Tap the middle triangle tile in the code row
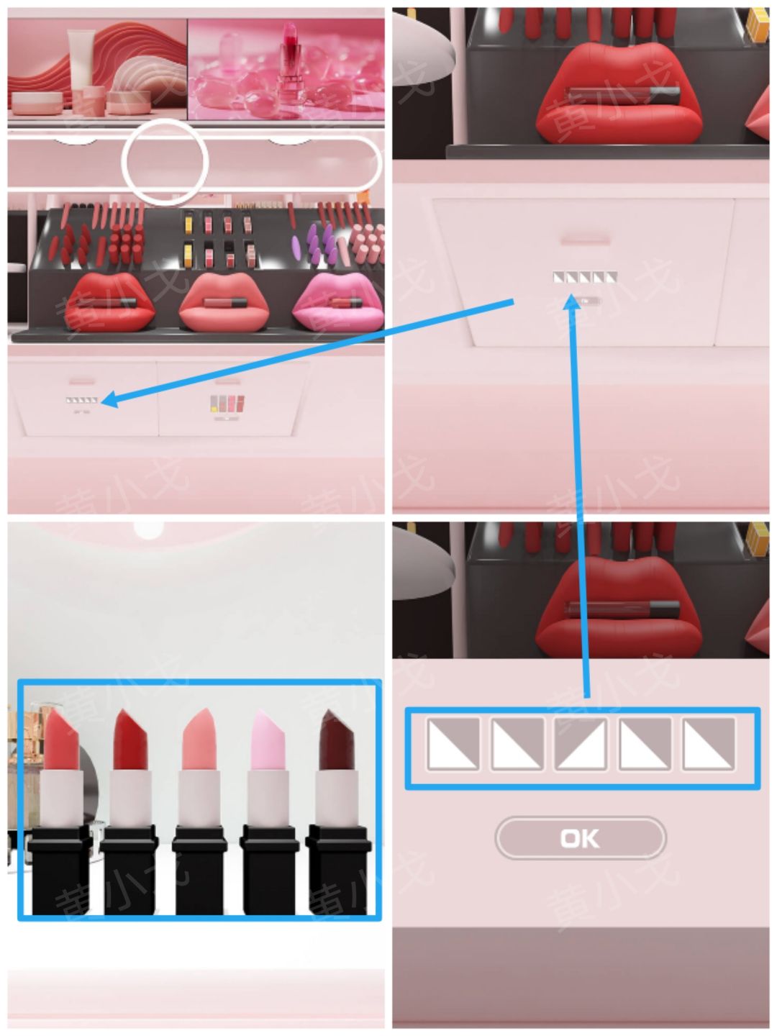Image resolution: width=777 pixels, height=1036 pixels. click(x=580, y=745)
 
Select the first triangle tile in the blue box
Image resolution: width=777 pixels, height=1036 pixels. click(x=453, y=745)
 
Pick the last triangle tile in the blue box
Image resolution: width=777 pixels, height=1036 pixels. click(x=708, y=745)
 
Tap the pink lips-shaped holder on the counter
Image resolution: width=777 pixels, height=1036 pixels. click(x=338, y=304)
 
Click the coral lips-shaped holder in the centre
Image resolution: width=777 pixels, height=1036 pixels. click(x=224, y=303)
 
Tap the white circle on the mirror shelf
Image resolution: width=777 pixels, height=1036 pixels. click(x=165, y=162)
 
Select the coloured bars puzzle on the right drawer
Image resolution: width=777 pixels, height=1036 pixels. click(x=227, y=404)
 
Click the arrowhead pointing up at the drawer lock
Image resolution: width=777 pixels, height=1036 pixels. click(x=573, y=303)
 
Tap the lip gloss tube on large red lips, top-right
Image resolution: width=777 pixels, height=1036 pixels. click(x=624, y=96)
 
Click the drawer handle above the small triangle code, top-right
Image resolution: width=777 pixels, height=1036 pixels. click(x=584, y=241)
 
